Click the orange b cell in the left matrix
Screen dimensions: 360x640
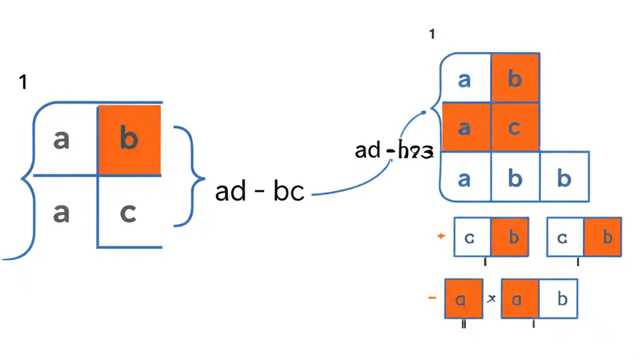coord(129,140)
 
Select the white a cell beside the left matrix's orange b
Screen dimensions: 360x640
coord(61,140)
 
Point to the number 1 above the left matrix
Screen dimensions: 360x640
coord(22,82)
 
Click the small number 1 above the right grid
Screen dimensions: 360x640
coord(432,34)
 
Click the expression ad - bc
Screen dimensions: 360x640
coord(259,192)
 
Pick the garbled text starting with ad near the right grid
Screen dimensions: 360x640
coord(393,150)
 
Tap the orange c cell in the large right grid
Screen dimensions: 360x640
coord(514,127)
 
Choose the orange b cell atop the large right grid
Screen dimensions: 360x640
coord(514,79)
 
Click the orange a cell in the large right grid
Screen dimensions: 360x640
coord(464,127)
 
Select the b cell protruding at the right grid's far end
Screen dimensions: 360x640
coord(564,177)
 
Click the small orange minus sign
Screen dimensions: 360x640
coord(432,298)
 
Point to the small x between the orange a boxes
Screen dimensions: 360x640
coord(491,298)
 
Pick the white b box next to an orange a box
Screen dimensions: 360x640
coord(562,299)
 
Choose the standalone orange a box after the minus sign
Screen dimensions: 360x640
coord(463,299)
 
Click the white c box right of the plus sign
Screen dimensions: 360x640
coord(470,237)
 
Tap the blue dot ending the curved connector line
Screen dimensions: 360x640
coord(424,112)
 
